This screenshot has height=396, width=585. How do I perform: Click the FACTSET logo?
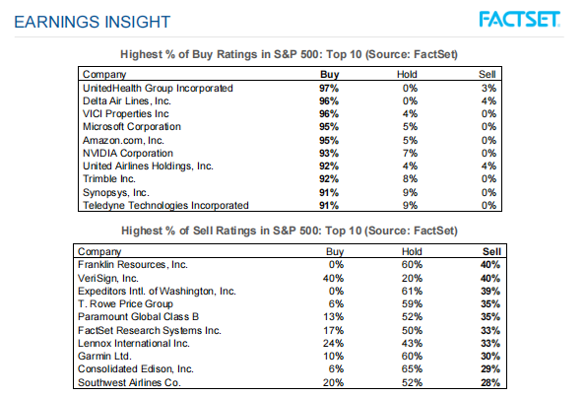pos(519,20)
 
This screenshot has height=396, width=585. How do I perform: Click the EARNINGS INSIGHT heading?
pos(93,22)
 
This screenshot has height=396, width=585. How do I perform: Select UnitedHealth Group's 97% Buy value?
pos(329,89)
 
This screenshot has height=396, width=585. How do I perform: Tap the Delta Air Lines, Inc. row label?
pos(127,101)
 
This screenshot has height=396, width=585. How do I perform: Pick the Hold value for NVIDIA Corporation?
pos(410,154)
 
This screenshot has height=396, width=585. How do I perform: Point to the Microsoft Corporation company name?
pos(132,127)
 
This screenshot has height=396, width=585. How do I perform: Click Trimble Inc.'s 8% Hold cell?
pos(410,179)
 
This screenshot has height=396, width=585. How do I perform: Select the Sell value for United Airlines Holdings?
pos(488,166)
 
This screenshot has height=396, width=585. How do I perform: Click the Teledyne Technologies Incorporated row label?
pos(165,206)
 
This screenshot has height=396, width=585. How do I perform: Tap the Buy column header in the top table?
pos(330,74)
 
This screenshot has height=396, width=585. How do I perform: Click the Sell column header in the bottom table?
pos(491,252)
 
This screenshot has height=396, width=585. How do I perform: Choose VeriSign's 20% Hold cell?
pos(412,279)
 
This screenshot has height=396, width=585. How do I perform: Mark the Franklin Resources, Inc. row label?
pos(133,265)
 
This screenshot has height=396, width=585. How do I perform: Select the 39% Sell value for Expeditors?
pos(490,292)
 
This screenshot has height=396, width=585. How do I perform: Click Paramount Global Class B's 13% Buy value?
pos(333,317)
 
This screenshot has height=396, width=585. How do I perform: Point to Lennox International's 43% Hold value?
pos(412,344)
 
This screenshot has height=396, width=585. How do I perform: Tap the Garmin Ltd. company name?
pos(104,356)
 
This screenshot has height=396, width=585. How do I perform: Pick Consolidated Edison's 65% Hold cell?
pos(412,369)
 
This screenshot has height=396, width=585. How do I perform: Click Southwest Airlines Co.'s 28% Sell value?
pos(490,383)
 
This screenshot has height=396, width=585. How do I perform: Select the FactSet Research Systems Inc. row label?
pos(150,331)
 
